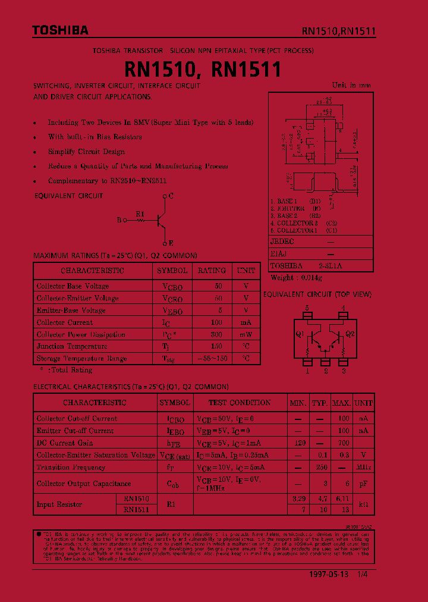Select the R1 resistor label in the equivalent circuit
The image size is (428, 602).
click(x=140, y=214)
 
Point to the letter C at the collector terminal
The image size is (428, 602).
click(x=171, y=196)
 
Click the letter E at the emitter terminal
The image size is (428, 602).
click(x=171, y=243)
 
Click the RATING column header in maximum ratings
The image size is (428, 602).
click(x=212, y=271)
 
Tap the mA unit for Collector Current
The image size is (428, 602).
click(x=246, y=322)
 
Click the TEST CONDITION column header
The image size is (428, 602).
click(x=240, y=403)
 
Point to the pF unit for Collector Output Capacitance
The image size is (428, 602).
click(x=363, y=484)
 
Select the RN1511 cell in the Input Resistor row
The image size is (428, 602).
click(x=136, y=510)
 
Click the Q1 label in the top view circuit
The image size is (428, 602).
click(x=300, y=334)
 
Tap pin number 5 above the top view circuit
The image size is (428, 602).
click(x=307, y=308)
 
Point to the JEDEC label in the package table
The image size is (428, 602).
click(x=282, y=242)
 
